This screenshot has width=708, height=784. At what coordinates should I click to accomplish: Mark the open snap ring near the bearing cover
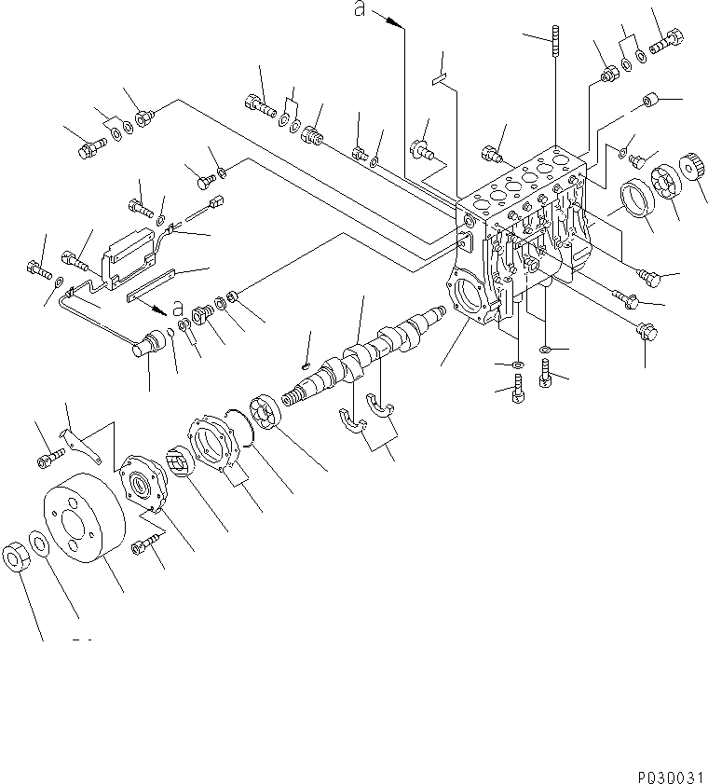pos(246,428)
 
